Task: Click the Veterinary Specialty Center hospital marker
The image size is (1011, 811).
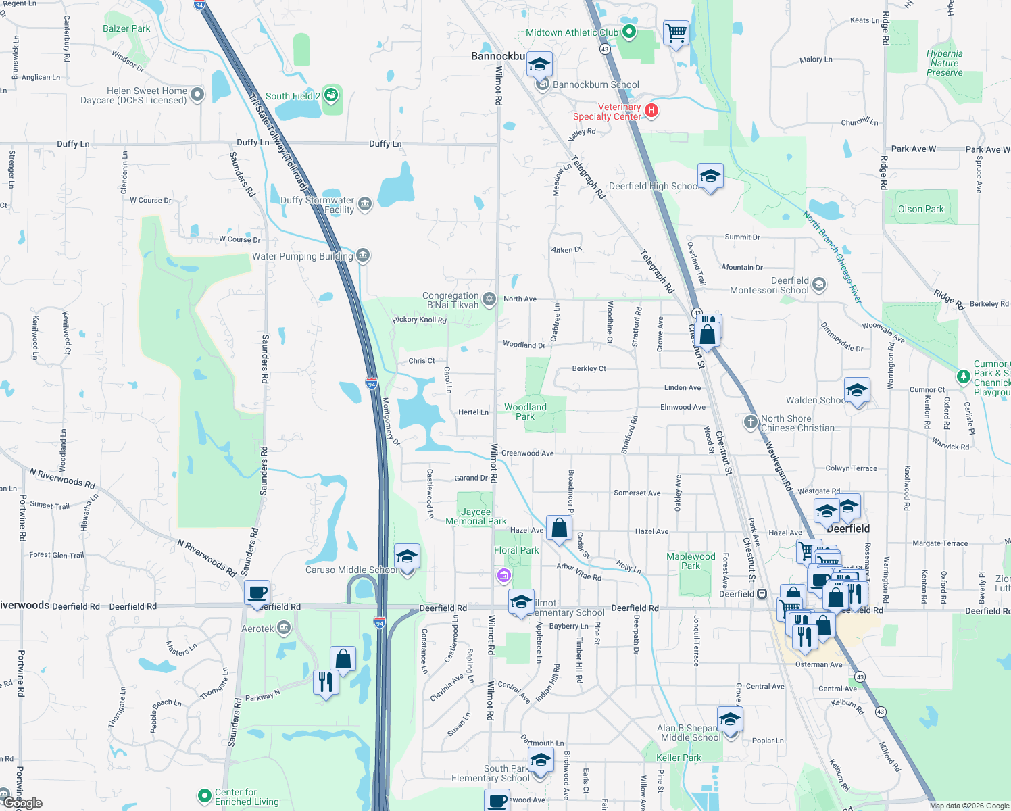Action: click(651, 110)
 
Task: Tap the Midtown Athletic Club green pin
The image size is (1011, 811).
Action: click(629, 32)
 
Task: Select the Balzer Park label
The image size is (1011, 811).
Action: click(126, 28)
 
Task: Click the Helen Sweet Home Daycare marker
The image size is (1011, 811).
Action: click(197, 95)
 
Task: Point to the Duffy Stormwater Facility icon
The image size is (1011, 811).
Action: click(365, 204)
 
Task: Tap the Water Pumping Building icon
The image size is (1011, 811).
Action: click(363, 255)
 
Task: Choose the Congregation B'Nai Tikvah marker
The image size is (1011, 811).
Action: click(489, 299)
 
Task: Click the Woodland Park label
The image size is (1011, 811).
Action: click(525, 412)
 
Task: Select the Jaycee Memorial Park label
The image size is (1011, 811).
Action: click(476, 516)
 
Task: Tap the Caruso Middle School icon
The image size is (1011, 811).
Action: click(407, 558)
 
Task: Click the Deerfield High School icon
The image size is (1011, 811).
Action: click(710, 178)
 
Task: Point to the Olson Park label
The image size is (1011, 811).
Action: click(920, 209)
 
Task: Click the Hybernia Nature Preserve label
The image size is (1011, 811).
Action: click(945, 63)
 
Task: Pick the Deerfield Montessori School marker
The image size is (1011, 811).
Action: click(819, 285)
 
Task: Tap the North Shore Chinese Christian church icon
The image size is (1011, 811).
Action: click(750, 422)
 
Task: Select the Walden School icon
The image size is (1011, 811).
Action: click(857, 391)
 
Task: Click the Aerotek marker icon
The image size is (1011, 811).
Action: click(284, 629)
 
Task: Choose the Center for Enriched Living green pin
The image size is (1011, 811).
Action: click(204, 796)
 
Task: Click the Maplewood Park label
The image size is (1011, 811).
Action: click(691, 561)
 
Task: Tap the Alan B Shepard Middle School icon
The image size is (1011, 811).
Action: click(730, 720)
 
